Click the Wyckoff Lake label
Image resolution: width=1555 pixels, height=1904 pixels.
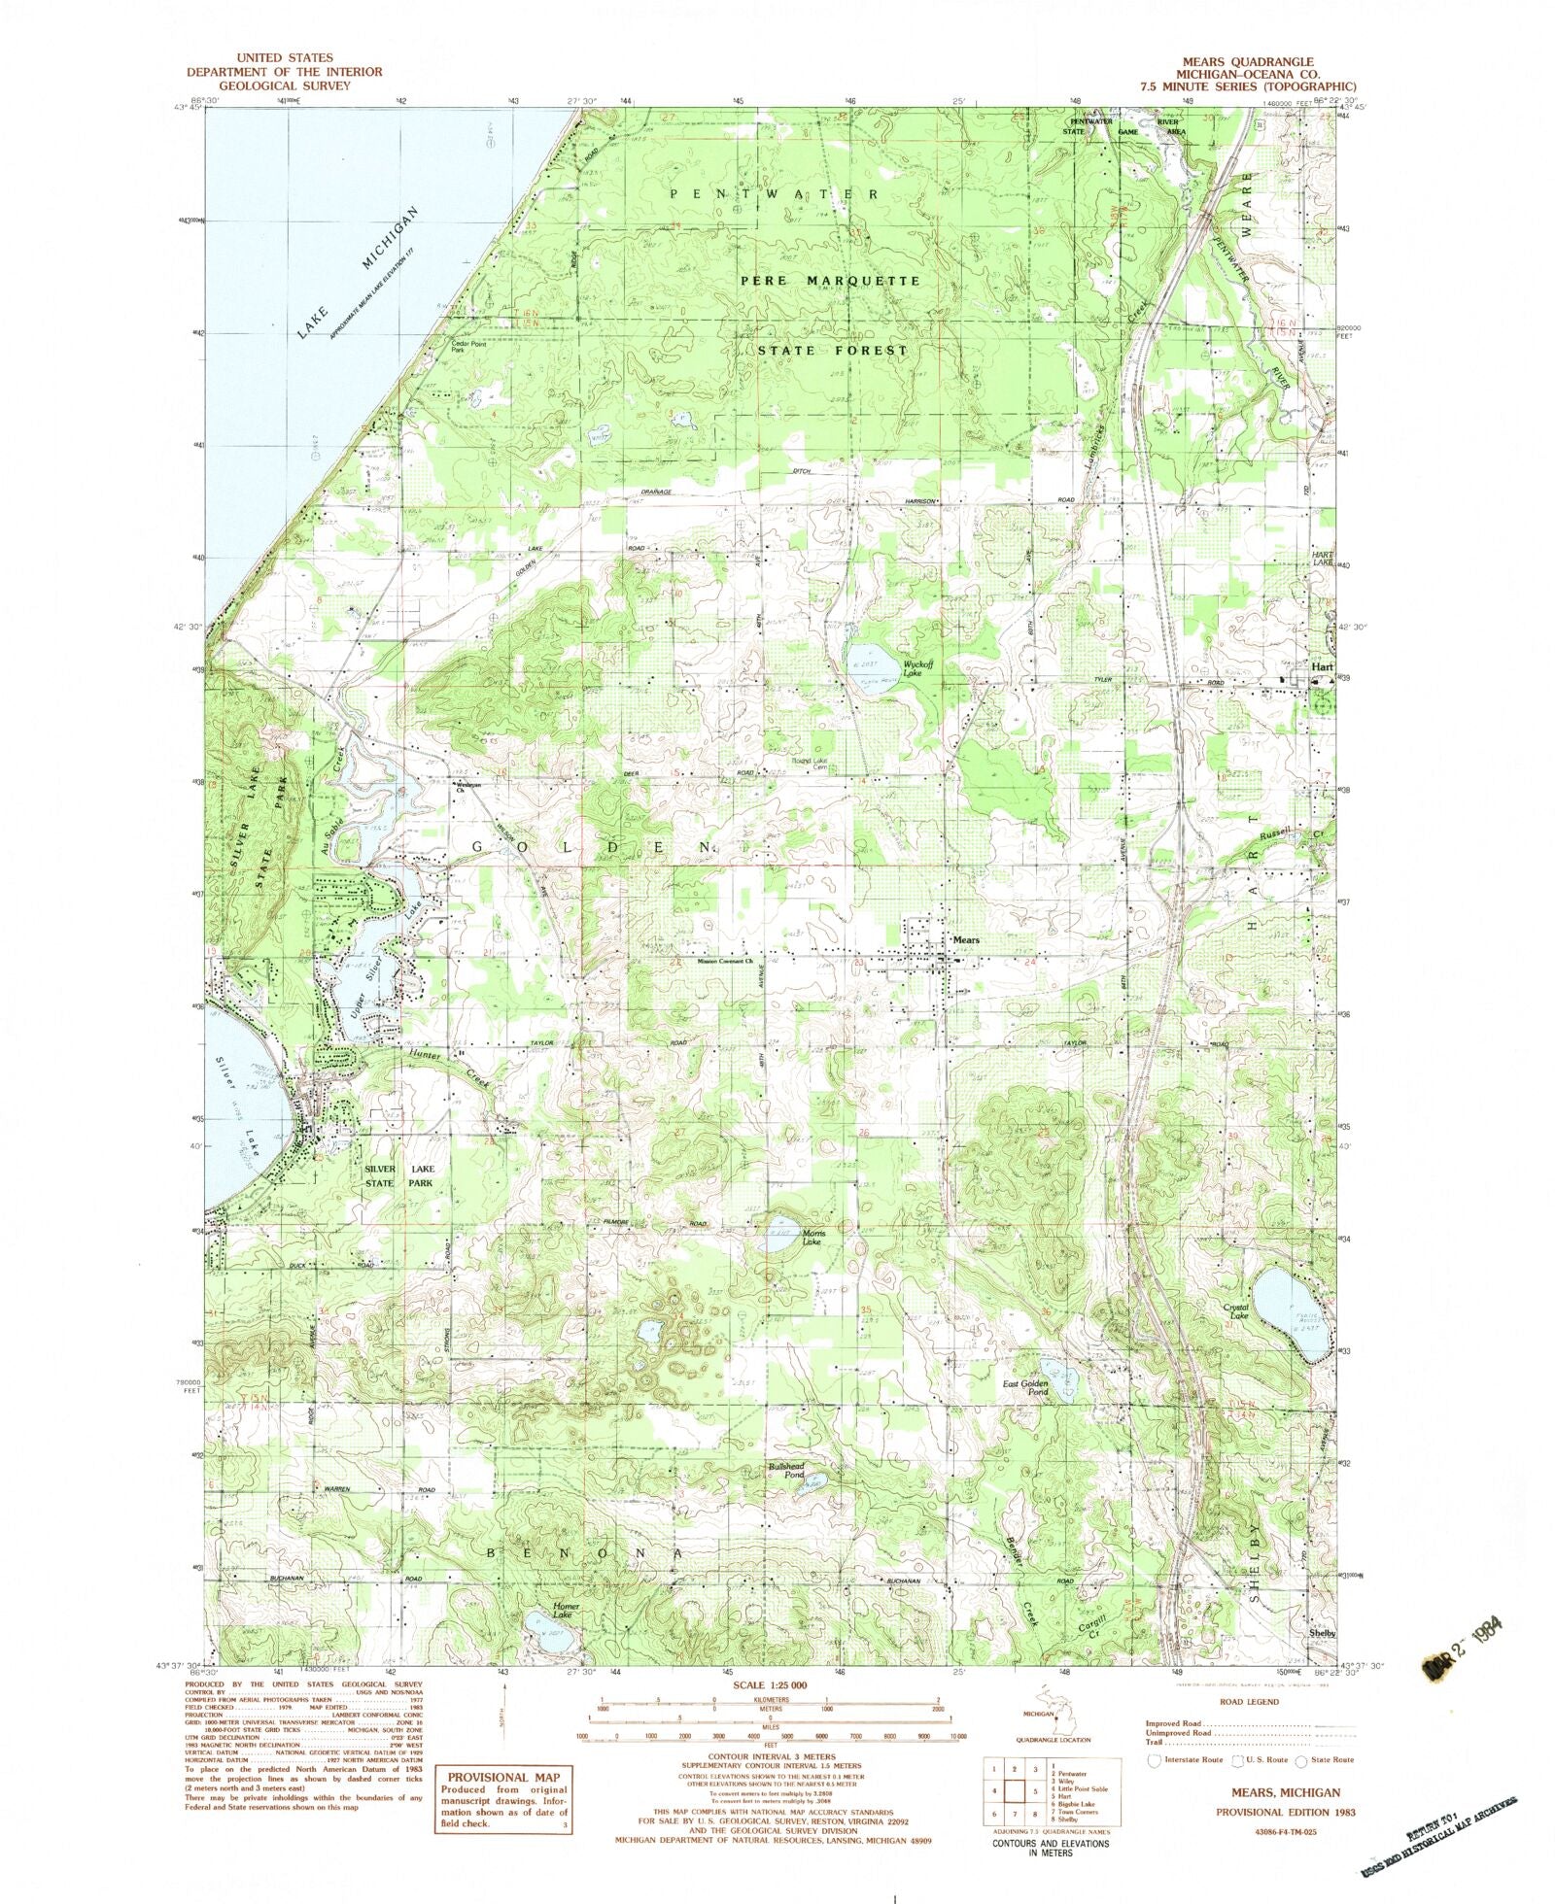[919, 668]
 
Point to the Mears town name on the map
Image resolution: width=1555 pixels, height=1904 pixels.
[965, 940]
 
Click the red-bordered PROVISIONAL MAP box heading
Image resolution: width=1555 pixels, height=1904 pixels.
[503, 1773]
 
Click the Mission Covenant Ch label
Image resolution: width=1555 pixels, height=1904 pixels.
[725, 963]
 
